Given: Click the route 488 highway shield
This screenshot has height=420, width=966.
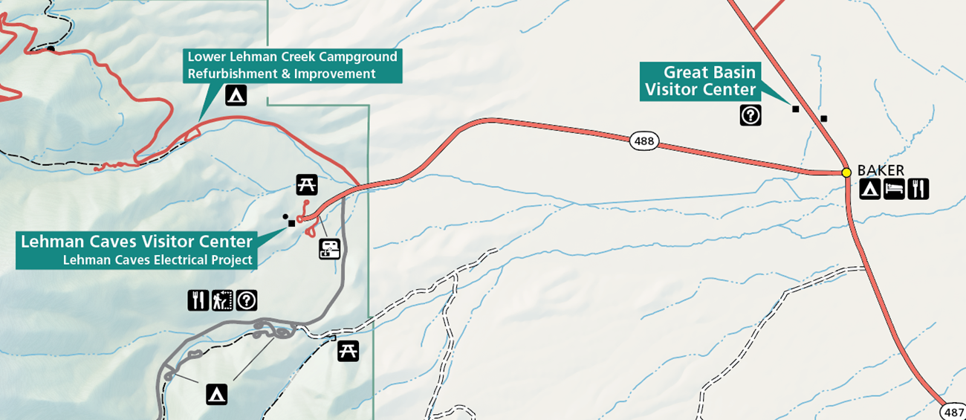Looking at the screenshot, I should [644, 140].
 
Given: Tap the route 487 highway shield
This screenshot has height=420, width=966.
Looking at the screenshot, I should [953, 412].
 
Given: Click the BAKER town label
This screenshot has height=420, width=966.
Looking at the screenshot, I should [881, 171].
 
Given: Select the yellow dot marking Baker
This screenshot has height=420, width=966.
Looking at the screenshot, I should [846, 172].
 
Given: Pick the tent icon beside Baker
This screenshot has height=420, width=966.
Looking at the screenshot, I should [870, 190].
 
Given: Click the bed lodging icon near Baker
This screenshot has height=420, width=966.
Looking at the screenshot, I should [894, 190].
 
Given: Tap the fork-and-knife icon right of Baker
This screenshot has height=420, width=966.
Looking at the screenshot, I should [918, 190].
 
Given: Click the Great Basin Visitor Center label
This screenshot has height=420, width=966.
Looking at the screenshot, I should [701, 81].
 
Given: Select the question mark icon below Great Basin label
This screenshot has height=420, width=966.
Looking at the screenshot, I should [751, 114].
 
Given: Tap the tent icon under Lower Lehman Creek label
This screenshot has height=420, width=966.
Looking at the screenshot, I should [236, 95].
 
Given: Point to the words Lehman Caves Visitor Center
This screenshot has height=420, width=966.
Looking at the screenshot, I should [137, 242].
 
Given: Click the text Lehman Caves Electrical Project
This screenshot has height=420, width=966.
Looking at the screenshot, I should [158, 260].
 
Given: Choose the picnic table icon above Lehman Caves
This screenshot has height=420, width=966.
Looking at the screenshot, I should [307, 184].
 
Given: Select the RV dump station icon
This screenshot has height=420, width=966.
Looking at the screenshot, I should [330, 248].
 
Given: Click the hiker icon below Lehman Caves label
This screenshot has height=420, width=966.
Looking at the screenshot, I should [222, 300].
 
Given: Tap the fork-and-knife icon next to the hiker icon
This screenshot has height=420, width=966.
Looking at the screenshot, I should [198, 300].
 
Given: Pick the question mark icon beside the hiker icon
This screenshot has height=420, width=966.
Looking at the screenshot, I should [247, 300].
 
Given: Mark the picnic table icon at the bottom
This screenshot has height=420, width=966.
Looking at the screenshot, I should [348, 351].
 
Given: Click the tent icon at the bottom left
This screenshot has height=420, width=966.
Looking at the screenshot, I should [216, 394].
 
